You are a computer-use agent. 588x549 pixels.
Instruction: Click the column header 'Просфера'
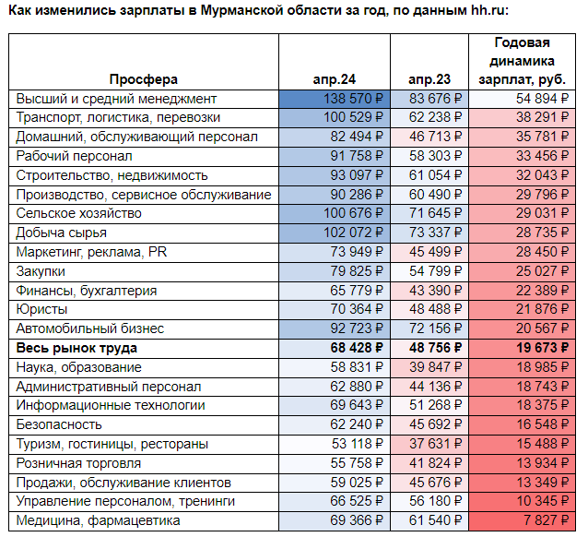(x=143, y=79)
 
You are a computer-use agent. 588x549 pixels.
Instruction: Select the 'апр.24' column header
(x=335, y=79)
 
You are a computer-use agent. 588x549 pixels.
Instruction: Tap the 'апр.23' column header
(x=429, y=79)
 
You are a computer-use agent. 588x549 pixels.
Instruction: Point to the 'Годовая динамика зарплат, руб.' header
(x=522, y=61)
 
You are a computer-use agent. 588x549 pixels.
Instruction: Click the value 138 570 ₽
(x=353, y=99)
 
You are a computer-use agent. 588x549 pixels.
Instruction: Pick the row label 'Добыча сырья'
(x=61, y=233)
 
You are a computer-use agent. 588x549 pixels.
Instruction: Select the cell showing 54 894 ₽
(x=542, y=99)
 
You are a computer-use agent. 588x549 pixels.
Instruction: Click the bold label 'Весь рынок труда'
(x=76, y=348)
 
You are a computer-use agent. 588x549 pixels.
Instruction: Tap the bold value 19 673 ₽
(x=543, y=348)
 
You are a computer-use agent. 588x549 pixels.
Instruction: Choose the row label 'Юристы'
(x=41, y=309)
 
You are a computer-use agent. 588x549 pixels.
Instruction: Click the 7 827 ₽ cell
(x=546, y=520)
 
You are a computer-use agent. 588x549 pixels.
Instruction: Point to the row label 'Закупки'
(x=41, y=271)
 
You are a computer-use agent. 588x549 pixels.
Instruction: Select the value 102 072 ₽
(x=353, y=233)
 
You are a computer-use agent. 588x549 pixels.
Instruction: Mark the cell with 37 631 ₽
(x=435, y=444)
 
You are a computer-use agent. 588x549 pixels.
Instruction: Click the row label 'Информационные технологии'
(x=111, y=406)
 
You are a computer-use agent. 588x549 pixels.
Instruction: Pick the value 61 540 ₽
(x=435, y=520)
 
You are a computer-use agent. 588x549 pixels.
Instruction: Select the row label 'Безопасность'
(x=59, y=424)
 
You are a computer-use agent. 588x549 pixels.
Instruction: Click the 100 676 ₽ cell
(x=353, y=213)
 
